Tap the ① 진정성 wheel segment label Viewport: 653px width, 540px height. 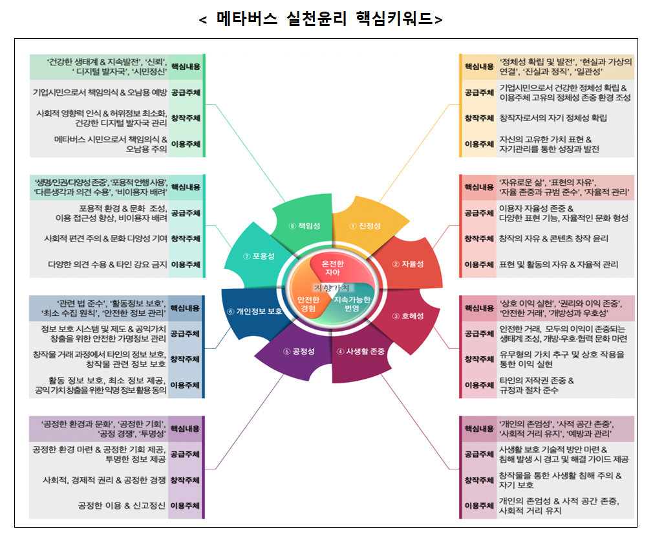365,226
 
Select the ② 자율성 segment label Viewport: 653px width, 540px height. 408,264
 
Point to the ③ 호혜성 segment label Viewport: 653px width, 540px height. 408,316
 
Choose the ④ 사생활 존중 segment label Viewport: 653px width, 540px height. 361,352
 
